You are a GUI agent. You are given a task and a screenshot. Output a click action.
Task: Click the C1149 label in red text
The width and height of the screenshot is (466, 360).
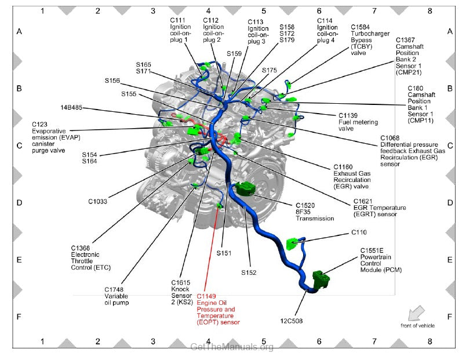click(206, 296)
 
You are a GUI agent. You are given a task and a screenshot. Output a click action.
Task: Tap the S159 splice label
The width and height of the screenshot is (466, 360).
click(234, 53)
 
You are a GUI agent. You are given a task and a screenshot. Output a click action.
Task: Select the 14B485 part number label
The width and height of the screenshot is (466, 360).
click(71, 107)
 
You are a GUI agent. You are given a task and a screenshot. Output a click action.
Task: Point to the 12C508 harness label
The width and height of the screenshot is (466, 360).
click(291, 321)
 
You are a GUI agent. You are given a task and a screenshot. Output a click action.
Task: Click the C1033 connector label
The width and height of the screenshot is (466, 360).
click(97, 201)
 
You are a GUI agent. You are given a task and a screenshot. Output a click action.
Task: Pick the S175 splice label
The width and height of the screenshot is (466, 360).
click(270, 70)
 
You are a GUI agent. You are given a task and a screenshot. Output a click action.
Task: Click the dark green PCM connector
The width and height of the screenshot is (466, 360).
click(321, 279)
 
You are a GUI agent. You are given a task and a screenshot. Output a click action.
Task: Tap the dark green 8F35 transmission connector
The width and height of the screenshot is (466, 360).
click(246, 188)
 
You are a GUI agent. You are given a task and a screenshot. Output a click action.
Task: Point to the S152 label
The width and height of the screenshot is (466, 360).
click(249, 272)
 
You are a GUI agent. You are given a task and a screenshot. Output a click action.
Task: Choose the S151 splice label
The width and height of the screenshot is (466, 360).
click(224, 253)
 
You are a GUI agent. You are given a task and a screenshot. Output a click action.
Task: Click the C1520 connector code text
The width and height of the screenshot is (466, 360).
click(305, 205)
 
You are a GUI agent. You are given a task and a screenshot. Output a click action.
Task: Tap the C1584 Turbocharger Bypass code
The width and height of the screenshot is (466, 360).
click(360, 27)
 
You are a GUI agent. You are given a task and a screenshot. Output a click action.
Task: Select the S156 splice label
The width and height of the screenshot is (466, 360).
click(112, 81)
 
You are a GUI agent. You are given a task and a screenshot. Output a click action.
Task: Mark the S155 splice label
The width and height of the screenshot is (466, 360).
click(129, 94)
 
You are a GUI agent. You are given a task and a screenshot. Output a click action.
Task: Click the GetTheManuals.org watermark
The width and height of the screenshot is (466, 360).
click(232, 347)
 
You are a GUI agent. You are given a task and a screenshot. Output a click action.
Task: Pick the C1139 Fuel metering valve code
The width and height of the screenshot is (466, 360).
click(348, 115)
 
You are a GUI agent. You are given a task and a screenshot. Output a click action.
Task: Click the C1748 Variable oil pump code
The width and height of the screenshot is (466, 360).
click(114, 289)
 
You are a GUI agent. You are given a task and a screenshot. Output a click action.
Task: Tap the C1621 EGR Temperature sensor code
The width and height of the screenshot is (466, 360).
click(363, 201)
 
